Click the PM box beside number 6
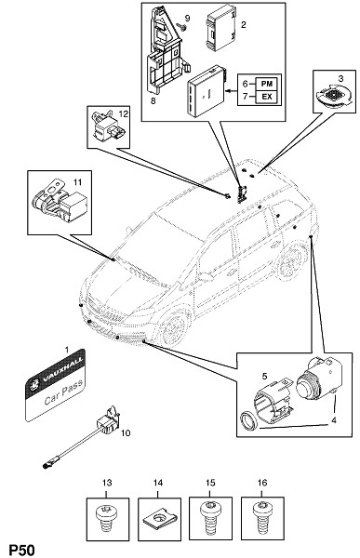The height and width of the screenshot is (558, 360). click(266, 84)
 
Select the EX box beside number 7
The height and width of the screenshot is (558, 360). click(266, 97)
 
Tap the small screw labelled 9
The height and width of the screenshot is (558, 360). click(183, 26)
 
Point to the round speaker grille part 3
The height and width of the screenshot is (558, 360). click(333, 96)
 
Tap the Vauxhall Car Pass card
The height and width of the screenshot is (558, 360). click(55, 385)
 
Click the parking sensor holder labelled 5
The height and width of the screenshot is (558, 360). click(273, 400)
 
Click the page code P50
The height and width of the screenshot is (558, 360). click(21, 551)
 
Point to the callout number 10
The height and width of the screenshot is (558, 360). click(126, 433)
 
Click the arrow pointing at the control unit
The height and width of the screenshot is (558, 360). click(232, 91)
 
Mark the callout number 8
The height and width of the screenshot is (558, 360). click(153, 100)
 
